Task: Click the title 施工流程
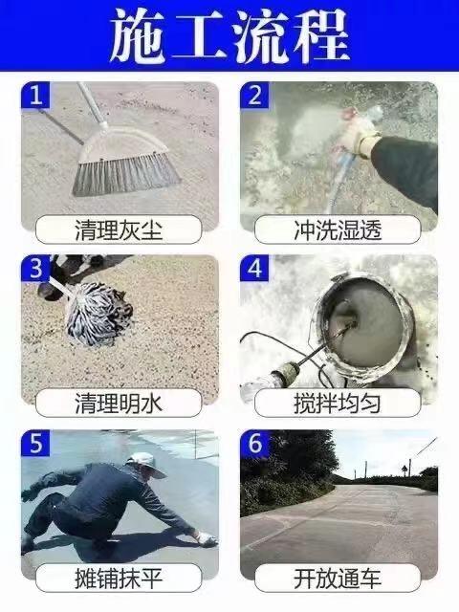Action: point(229,36)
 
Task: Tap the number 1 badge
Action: point(35,95)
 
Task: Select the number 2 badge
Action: point(254,95)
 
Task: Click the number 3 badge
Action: point(35,268)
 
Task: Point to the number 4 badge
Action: point(254,268)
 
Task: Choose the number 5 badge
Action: point(35,443)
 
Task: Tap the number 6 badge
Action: point(254,443)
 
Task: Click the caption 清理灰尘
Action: point(119,229)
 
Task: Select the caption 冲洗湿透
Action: point(338,229)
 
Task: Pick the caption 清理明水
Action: point(119,403)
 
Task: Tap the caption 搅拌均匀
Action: point(338,403)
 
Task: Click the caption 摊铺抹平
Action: point(119,578)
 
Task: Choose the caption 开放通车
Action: point(338,578)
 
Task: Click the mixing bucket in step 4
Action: point(361,328)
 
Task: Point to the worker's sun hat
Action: point(146,465)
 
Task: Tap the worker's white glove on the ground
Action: point(206,538)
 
